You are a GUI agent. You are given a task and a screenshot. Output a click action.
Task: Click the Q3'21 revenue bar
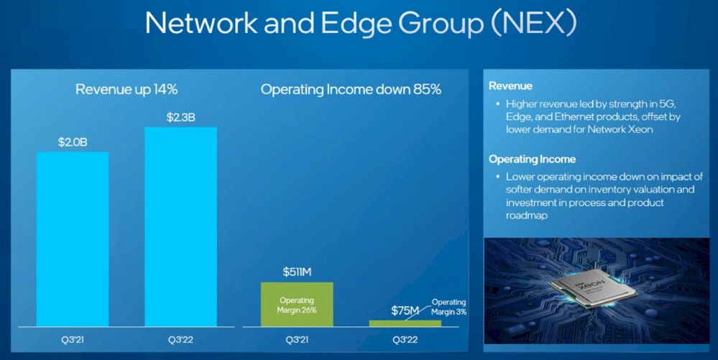[73, 239]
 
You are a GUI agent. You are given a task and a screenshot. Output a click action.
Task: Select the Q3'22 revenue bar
[181, 227]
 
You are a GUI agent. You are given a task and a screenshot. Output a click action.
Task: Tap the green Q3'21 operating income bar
[297, 305]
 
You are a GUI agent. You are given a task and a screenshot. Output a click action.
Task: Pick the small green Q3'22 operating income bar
[405, 323]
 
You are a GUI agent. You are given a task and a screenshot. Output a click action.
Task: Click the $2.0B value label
[73, 142]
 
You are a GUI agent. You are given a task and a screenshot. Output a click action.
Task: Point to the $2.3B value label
[181, 118]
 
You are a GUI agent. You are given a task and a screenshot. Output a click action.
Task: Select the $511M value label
[297, 272]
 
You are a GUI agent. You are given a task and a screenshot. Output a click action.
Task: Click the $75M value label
[405, 311]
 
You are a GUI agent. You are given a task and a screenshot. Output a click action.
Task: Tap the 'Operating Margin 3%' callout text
[448, 307]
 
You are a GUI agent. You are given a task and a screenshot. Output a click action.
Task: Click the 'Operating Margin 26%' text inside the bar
[297, 305]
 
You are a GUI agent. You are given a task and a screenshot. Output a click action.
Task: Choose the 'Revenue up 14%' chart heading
[126, 89]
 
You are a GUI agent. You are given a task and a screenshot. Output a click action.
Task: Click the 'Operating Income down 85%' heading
[351, 89]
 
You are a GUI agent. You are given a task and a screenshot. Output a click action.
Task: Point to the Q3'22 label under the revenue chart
[181, 340]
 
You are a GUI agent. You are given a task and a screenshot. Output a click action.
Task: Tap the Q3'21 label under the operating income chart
[297, 340]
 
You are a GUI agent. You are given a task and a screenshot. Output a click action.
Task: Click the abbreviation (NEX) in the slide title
[533, 22]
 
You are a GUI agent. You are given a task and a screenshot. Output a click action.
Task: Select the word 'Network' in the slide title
[201, 22]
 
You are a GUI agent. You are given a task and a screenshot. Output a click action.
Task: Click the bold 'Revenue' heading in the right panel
[510, 86]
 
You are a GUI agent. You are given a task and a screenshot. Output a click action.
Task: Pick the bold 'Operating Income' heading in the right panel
[532, 160]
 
